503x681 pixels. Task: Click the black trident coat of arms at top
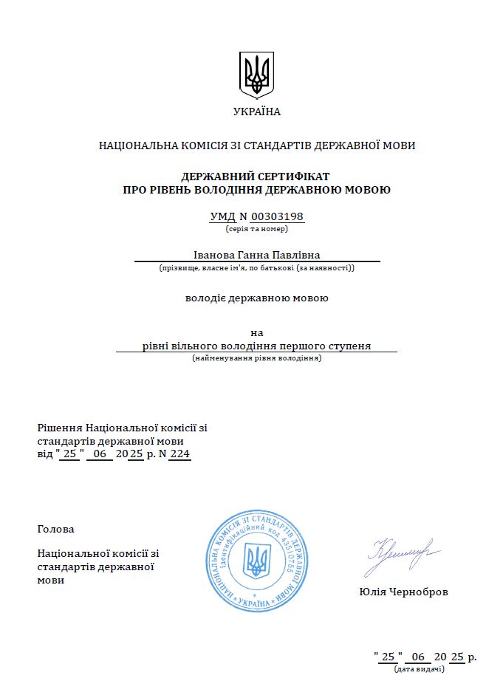(257, 75)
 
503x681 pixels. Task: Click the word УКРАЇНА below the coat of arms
(257, 112)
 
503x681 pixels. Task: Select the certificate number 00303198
(277, 216)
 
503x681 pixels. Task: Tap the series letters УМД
(222, 216)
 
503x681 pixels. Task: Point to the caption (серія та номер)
(257, 230)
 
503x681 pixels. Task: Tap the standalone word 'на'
(257, 332)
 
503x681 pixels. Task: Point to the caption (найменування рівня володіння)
(257, 358)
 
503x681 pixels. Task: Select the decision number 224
(179, 454)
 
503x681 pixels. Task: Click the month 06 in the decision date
(100, 454)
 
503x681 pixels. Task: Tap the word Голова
(55, 529)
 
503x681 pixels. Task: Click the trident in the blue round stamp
(257, 561)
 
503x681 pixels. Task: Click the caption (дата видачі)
(420, 669)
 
